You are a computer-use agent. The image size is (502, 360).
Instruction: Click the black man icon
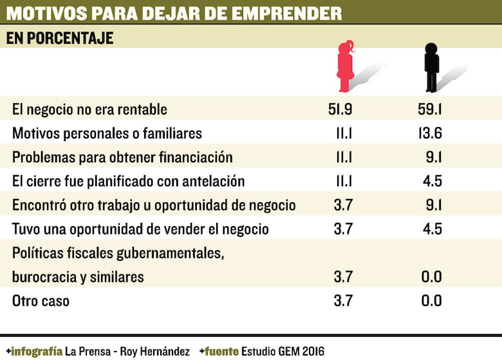431,66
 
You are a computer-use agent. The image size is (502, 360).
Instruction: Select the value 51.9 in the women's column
340,109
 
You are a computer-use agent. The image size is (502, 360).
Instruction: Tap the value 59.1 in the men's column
429,109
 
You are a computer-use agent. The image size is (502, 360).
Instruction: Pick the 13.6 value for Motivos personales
429,133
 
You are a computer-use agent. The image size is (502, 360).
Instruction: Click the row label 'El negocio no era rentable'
89,109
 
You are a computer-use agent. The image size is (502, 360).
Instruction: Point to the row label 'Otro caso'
41,301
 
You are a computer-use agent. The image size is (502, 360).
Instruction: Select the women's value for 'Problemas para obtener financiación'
342,157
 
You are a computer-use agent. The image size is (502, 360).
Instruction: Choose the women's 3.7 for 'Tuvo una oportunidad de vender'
343,229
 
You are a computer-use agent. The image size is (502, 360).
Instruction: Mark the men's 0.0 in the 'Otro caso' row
431,301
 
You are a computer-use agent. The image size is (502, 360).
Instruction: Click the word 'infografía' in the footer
37,351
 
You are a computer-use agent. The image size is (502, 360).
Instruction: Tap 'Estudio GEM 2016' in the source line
283,351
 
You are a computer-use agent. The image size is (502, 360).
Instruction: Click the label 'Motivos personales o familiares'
107,133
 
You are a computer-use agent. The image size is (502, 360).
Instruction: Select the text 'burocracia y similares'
78,277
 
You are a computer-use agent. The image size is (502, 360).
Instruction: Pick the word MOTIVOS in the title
39,13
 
